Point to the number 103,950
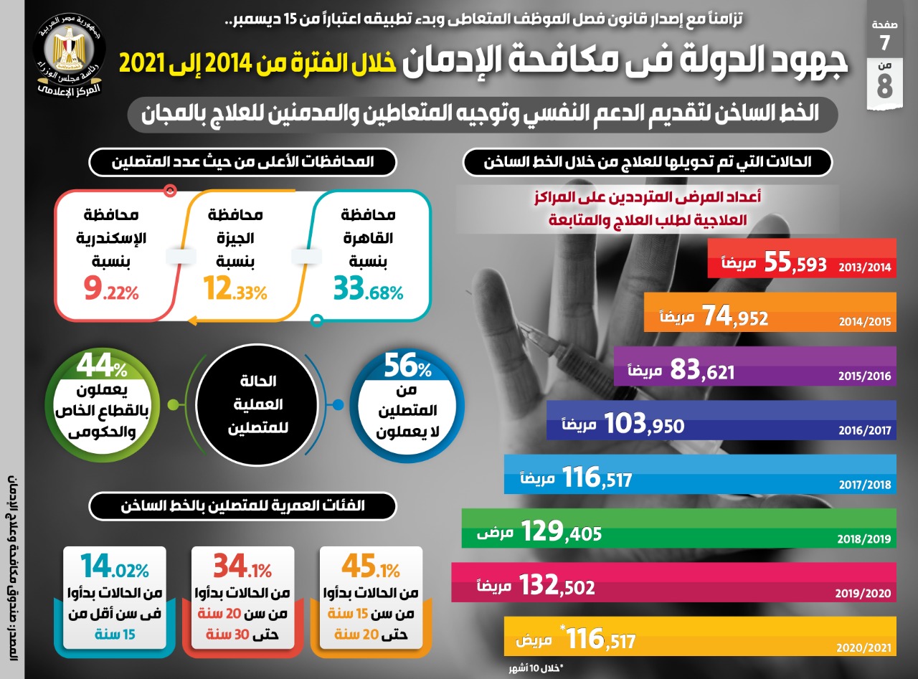644,424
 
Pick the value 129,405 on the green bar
561,531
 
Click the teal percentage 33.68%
368,290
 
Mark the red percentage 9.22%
110,290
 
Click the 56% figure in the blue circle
407,369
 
